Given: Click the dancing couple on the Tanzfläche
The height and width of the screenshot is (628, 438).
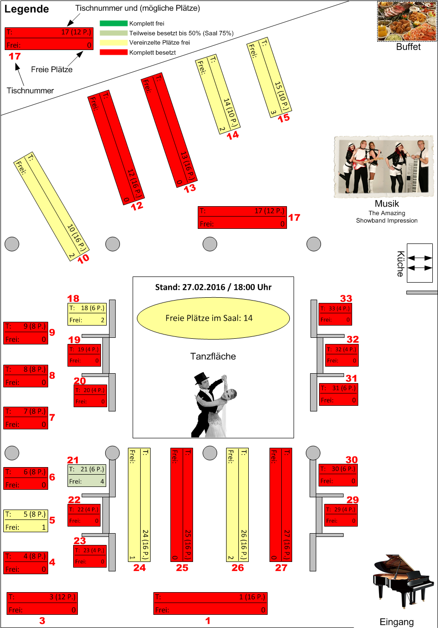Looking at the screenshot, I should tap(213, 405).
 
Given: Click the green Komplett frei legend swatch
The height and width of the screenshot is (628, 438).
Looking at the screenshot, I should tap(113, 23).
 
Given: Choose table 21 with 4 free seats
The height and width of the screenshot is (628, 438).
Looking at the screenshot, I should tap(87, 476).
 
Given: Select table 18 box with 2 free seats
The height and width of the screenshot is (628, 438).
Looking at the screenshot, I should tap(87, 314).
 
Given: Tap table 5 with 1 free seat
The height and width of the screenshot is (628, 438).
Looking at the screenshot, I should tap(26, 521).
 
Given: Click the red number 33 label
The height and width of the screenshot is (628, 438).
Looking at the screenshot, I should tap(346, 299).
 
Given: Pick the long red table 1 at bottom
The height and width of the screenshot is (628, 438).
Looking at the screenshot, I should tap(211, 603).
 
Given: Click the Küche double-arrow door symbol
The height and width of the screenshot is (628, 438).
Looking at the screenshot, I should tap(420, 263).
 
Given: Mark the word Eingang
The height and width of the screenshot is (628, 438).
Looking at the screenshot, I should tap(396, 622).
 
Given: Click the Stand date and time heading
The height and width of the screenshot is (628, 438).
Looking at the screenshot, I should tap(213, 287).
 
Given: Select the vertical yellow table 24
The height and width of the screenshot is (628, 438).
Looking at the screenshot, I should tap(139, 504).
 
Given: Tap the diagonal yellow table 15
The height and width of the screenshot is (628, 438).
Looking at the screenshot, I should tap(269, 77).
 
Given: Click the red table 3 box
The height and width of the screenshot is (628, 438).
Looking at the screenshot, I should tap(42, 603).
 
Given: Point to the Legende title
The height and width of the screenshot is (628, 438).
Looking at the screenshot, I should tap(26, 9).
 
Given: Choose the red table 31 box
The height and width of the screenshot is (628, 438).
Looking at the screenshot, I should tap(338, 394).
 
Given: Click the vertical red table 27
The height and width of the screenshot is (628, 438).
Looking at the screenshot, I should tap(281, 504).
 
